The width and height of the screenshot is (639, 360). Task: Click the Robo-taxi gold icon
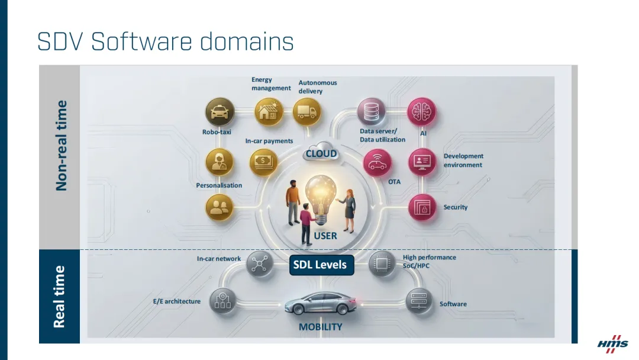point(220,112)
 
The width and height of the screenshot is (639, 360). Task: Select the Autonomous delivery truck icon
point(306,112)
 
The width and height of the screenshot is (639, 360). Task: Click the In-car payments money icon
point(263,161)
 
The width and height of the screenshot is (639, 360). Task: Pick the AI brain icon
point(422,112)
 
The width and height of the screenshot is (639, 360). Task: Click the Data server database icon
point(372,112)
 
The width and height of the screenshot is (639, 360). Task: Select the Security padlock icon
point(422,208)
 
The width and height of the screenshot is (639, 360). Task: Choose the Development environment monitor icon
point(422,161)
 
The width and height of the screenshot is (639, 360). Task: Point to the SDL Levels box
point(320,265)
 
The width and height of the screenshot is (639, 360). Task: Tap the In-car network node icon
point(259,265)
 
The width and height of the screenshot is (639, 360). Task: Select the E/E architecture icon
point(224,301)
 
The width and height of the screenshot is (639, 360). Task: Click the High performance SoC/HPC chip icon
point(382,264)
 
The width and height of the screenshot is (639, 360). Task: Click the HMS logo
point(612,343)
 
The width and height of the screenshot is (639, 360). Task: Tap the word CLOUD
point(321,154)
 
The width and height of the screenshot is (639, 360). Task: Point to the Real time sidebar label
point(59,296)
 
